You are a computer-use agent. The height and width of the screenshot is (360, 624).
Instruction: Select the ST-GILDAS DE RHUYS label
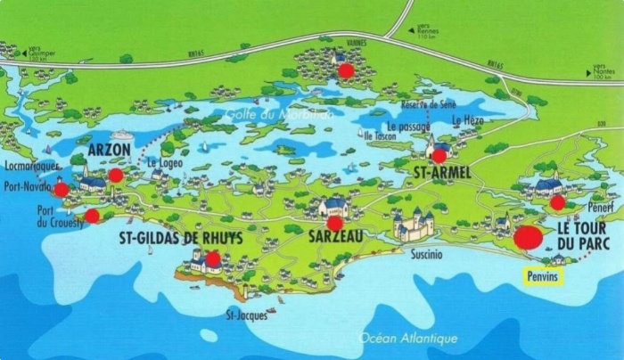[x=180, y=239]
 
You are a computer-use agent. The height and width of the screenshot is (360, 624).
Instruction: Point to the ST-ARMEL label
[x=444, y=168]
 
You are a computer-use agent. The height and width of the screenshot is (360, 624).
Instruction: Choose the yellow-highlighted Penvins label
[x=543, y=277]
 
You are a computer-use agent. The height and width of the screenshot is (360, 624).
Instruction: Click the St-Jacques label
[x=246, y=315]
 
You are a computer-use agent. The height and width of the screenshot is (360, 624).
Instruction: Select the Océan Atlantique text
[x=408, y=338]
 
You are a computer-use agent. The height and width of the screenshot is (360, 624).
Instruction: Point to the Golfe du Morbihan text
[x=278, y=113]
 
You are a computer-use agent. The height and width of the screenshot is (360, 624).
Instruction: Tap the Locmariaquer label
[x=31, y=167]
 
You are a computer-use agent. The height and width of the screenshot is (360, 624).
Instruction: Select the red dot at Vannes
[x=346, y=69]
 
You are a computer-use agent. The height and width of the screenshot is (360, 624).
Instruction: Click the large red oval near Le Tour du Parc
[x=528, y=237]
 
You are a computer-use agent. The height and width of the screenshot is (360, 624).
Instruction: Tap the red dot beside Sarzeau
[x=335, y=223]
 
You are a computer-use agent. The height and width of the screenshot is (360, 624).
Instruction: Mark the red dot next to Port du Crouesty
[x=92, y=215]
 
